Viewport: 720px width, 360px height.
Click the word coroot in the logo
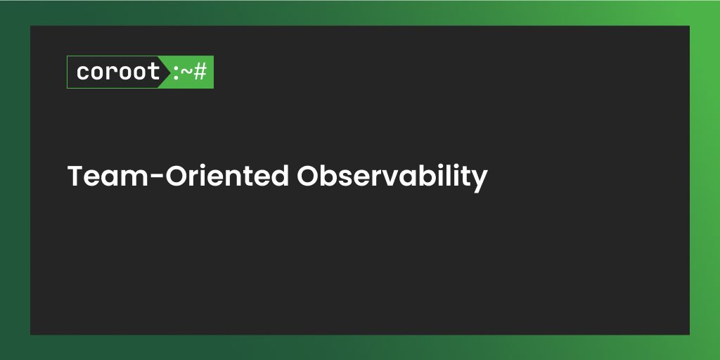pos(118,72)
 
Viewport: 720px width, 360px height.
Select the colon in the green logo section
pos(175,72)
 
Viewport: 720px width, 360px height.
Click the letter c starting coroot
pos(83,72)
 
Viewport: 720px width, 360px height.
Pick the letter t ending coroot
pos(154,72)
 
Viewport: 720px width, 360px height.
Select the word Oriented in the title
pos(226,176)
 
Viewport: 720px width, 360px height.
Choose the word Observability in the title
pos(392,176)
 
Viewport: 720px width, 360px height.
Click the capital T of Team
pos(75,176)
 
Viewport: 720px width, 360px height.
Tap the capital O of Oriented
pos(175,176)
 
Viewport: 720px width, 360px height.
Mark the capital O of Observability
pos(307,176)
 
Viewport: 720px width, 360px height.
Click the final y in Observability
pos(480,180)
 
